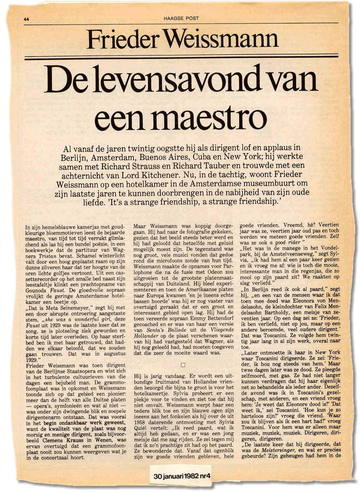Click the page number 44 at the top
[27, 18]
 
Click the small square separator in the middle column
[183, 365]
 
